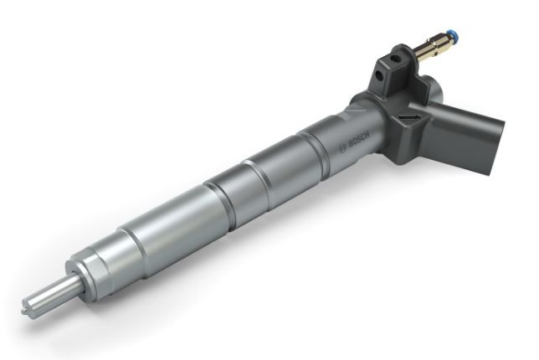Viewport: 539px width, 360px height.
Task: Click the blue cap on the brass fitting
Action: pyautogui.click(x=454, y=36)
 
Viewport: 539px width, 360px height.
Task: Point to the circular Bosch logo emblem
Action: pyautogui.click(x=342, y=148)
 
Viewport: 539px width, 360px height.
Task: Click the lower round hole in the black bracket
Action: pyautogui.click(x=379, y=75)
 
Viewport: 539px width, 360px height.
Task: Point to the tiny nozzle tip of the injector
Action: pyautogui.click(x=23, y=311)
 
